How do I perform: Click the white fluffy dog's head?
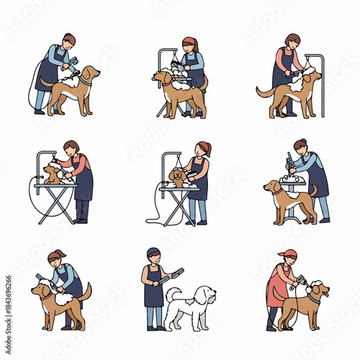point(205,295)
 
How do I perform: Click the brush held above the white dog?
point(175,274)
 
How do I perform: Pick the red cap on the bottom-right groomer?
point(289,254)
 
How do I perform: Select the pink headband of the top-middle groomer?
point(189,41)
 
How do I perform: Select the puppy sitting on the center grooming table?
point(176,176)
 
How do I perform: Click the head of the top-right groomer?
point(292,40)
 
